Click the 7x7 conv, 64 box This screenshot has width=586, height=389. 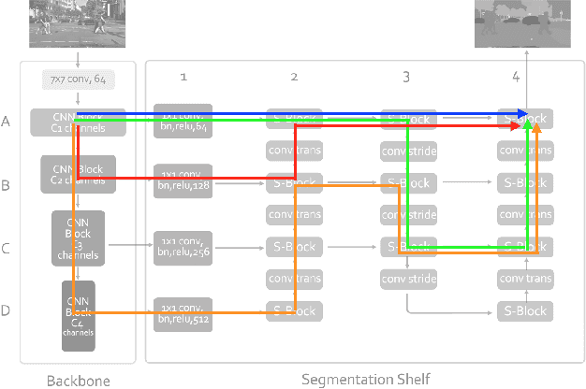pyautogui.click(x=78, y=82)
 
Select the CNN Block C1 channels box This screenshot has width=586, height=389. pyautogui.click(x=78, y=122)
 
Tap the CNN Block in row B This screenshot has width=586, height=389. pyautogui.click(x=78, y=174)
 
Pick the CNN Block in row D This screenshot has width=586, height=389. pyautogui.click(x=79, y=316)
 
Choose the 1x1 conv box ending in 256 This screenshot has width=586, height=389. pyautogui.click(x=183, y=247)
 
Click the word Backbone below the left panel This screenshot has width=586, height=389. pyautogui.click(x=78, y=380)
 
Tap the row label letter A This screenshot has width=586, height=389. pyautogui.click(x=7, y=122)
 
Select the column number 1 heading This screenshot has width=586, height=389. pyautogui.click(x=183, y=76)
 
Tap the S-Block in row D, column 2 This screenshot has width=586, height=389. pyautogui.click(x=295, y=310)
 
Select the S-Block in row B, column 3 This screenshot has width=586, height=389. pyautogui.click(x=407, y=182)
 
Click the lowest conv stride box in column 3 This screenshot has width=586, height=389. pyautogui.click(x=407, y=279)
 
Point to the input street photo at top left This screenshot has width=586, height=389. pyautogui.click(x=79, y=21)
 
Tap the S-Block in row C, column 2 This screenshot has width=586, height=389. pyautogui.click(x=295, y=247)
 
